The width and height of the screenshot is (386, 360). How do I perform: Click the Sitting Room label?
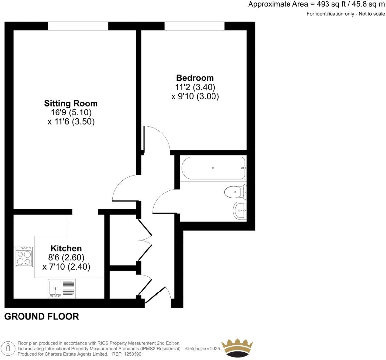71,103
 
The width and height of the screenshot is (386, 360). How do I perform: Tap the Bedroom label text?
195,78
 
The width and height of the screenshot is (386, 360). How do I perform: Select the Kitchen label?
66,248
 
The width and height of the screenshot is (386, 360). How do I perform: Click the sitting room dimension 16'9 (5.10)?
71,112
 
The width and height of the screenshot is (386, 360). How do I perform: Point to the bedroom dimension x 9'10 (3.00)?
195,97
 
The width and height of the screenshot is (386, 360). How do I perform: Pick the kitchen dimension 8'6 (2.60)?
66,257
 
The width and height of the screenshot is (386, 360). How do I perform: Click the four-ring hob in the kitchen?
24,256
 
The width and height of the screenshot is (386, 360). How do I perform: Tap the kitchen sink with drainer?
62,288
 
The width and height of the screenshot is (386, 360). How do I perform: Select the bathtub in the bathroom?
213,168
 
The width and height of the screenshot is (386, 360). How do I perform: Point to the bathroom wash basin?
240,210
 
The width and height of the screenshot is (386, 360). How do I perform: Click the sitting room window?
78,26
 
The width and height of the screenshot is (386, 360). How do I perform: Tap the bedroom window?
194,26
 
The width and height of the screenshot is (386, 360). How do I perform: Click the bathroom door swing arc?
164,200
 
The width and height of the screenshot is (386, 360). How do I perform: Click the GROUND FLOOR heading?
42,317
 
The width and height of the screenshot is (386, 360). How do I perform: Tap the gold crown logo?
237,348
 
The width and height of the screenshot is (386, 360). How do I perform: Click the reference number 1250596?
132,354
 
